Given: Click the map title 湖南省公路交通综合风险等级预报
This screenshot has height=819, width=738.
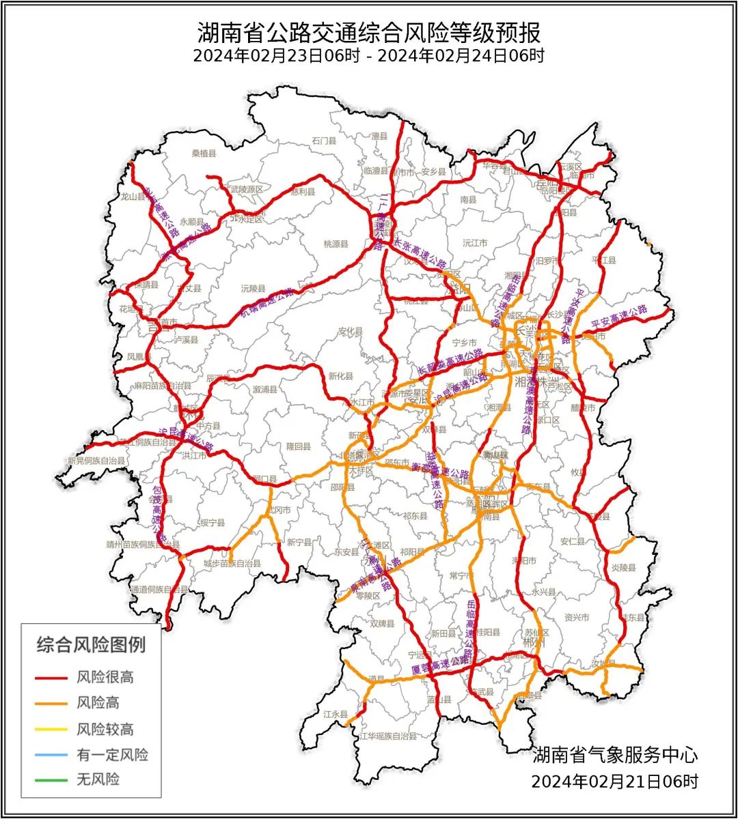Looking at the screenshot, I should click(x=369, y=31).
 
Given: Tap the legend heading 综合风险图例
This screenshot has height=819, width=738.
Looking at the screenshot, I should click(x=91, y=644).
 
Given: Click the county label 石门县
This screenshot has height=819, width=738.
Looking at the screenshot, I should click(x=325, y=141).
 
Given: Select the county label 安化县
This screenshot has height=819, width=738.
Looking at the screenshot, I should click(x=350, y=332).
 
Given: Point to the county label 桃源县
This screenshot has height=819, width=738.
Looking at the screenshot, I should click(x=336, y=244).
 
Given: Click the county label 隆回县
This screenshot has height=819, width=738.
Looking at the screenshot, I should click(x=299, y=446).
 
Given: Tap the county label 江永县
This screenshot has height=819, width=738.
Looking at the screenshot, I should click(x=336, y=714).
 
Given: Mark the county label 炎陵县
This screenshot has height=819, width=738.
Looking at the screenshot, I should click(x=623, y=567).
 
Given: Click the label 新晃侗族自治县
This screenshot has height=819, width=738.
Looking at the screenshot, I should click(x=96, y=461).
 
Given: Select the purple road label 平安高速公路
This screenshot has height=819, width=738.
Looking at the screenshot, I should click(x=619, y=315).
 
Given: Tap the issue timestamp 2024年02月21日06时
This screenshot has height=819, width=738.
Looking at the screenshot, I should click(x=614, y=781).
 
